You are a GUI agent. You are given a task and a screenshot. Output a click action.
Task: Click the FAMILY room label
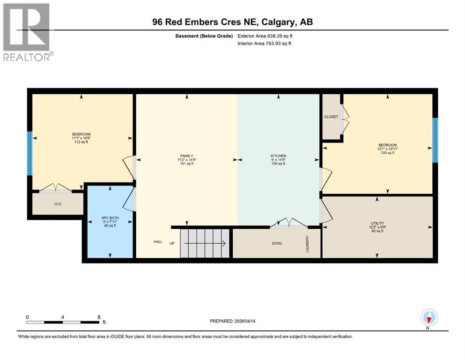(187, 156)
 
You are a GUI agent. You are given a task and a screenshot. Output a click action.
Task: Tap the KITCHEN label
(278, 156)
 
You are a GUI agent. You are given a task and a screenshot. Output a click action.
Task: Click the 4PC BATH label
(110, 217)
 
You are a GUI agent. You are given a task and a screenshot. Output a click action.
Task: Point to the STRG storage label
(277, 243)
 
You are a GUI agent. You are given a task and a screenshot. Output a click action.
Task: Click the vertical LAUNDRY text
(308, 244)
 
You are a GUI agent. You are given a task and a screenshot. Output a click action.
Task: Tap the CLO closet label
(58, 204)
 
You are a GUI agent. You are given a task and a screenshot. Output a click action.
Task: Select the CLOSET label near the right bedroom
(331, 117)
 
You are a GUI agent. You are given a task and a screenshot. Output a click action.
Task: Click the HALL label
(158, 242)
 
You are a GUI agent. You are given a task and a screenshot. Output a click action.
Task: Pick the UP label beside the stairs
(172, 243)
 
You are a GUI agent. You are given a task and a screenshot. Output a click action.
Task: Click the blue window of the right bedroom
(435, 140)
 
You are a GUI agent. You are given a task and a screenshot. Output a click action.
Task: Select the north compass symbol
(429, 318)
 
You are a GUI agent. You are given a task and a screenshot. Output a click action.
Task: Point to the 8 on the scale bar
(99, 317)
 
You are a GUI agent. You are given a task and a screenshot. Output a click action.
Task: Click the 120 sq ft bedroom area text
(387, 153)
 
